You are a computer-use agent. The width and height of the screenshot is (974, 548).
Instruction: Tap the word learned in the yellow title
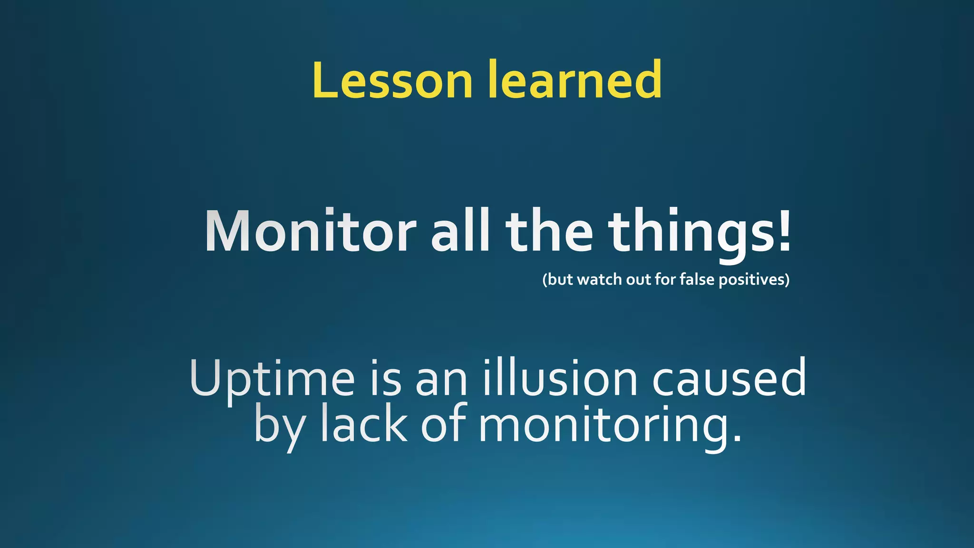click(575, 79)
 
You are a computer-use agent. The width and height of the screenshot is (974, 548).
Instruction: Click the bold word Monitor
click(311, 232)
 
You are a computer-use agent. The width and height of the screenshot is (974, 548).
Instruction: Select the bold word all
click(460, 232)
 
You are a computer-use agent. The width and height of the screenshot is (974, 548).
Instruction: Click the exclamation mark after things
click(784, 232)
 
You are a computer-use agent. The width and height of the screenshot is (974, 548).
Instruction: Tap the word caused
click(729, 378)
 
